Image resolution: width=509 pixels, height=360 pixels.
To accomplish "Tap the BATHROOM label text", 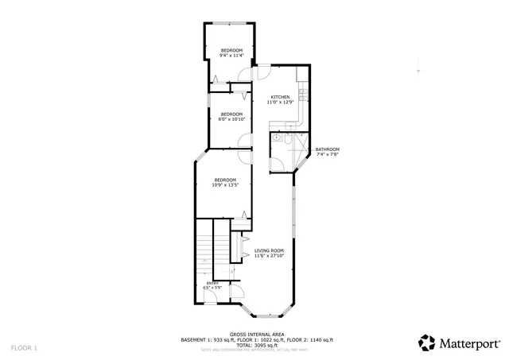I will (327, 149).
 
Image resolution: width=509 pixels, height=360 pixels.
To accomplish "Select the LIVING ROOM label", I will (269, 250).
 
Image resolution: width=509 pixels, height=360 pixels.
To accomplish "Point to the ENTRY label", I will (212, 282).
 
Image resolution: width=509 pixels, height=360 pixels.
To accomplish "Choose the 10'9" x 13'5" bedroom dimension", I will (226, 185).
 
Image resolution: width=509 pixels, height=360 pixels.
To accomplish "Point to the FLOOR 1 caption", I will (24, 348).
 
